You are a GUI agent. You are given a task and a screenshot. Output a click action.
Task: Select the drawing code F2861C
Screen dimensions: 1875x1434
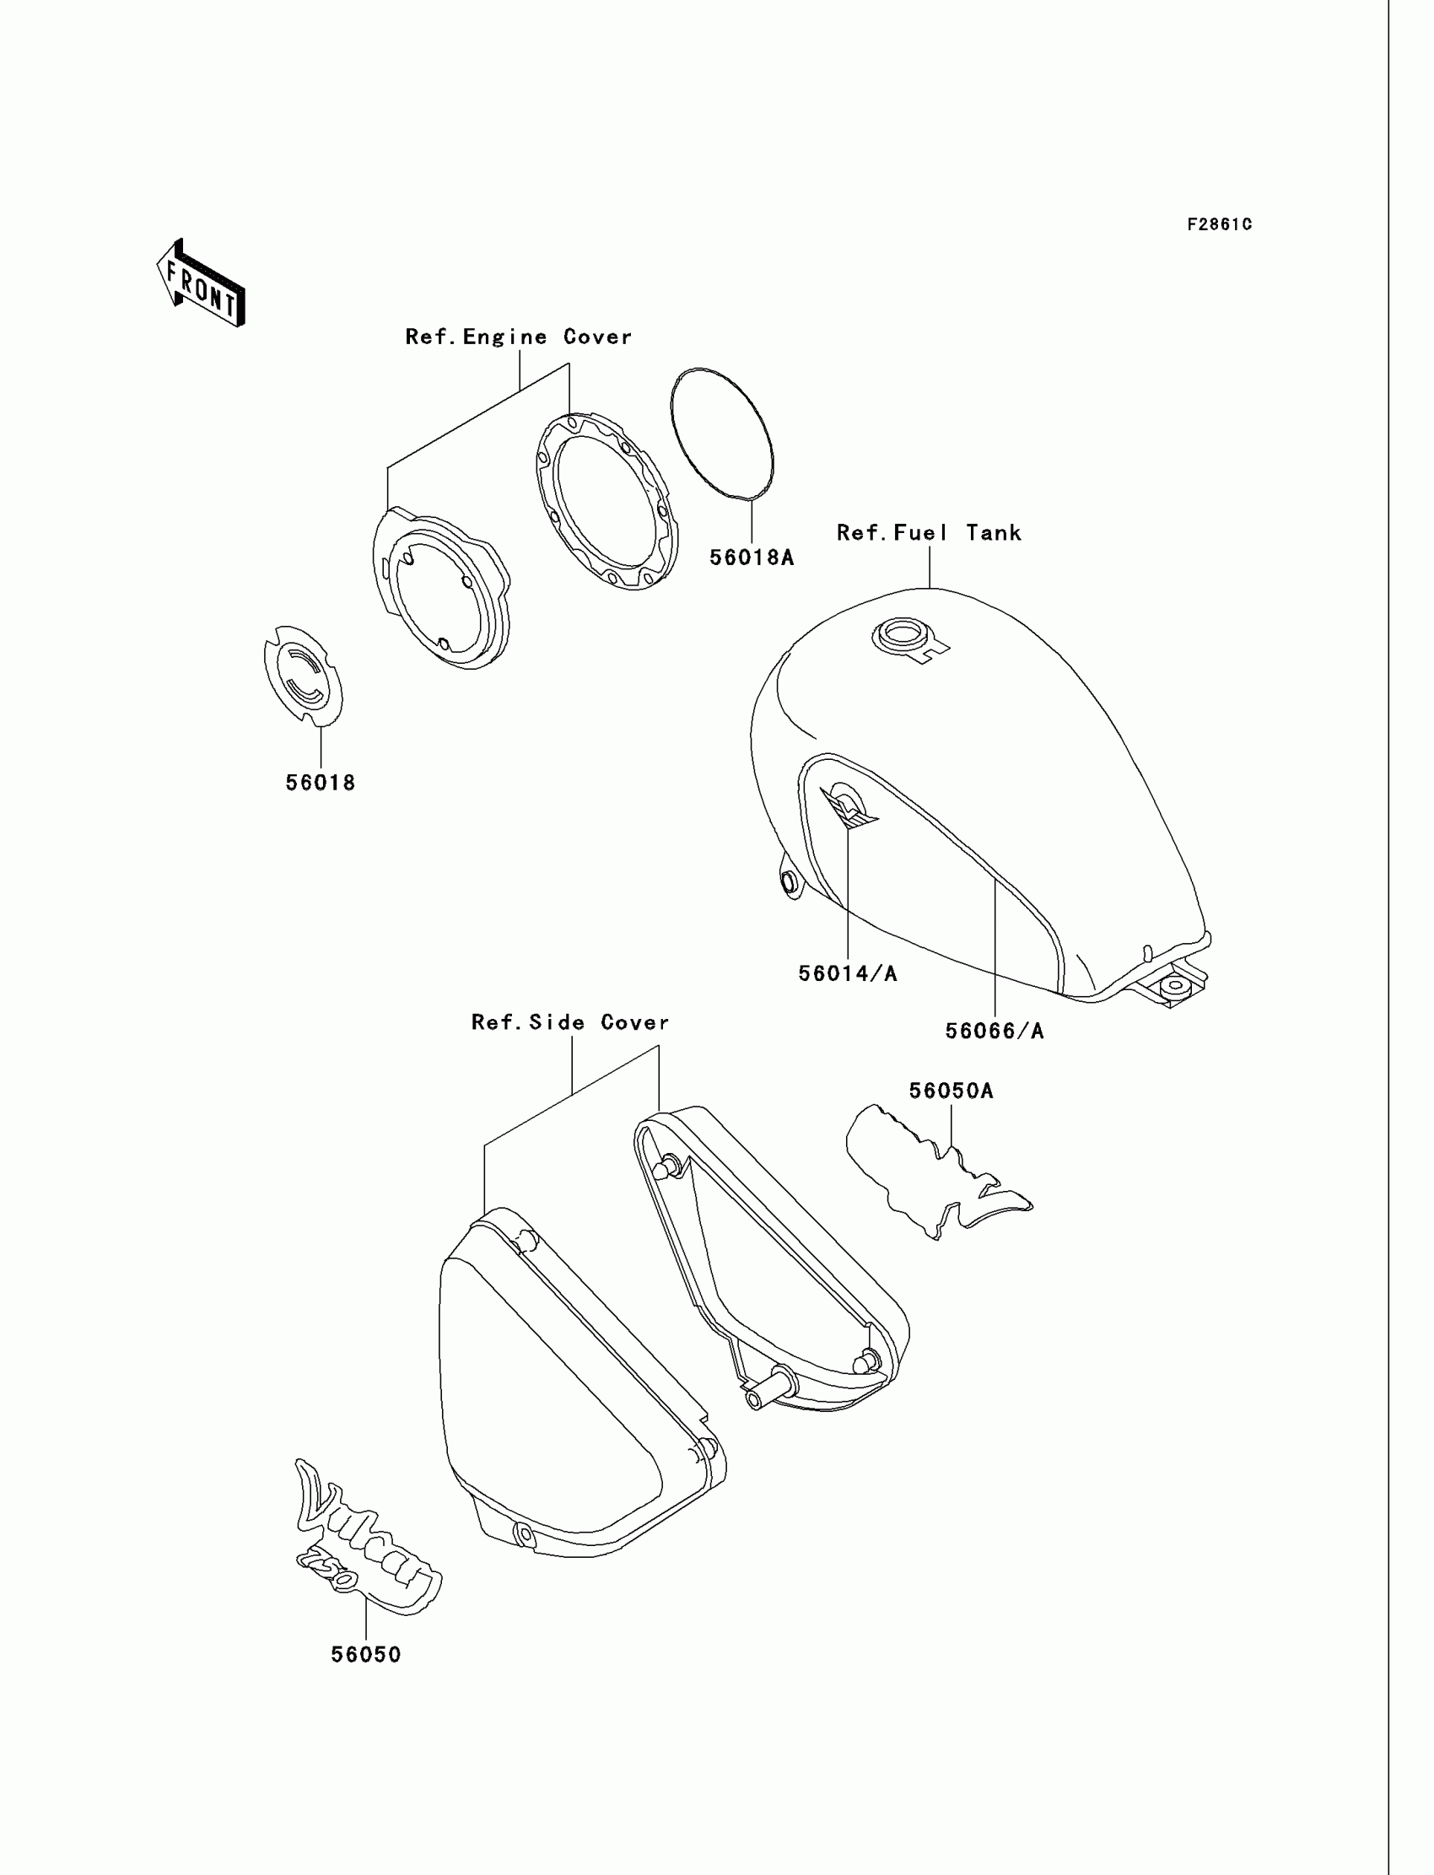pos(1220,224)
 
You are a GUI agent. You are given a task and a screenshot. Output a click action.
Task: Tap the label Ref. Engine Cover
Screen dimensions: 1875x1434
pos(518,337)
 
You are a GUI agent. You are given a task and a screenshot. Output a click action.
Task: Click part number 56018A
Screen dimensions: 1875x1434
pos(751,558)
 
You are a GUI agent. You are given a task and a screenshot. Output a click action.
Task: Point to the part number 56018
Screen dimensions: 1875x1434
pos(320,783)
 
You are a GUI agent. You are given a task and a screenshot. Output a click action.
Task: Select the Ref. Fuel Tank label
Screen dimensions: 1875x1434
pos(929,533)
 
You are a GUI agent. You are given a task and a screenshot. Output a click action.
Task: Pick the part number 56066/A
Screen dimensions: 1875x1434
pos(995,1031)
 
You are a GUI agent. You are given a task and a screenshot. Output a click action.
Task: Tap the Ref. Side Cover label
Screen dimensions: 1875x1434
pos(570,1022)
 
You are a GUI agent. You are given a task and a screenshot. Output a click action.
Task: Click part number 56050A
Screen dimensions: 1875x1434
pos(951,1091)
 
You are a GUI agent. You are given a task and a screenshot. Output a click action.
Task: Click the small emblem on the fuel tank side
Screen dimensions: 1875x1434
pos(849,805)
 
